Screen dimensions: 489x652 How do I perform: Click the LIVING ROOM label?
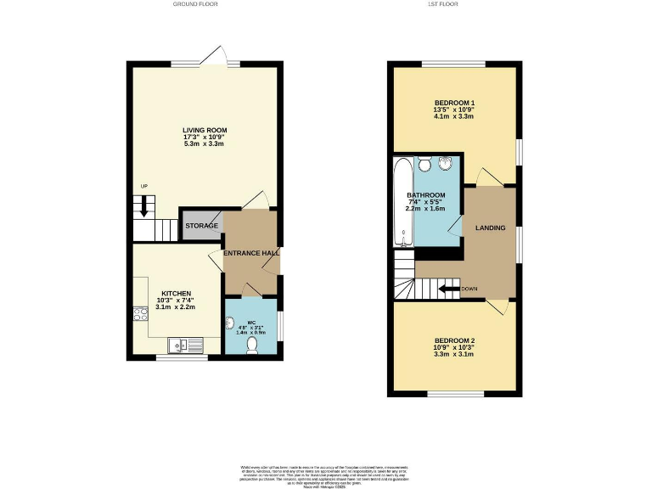[205, 130]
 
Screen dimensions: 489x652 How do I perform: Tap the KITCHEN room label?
[177, 293]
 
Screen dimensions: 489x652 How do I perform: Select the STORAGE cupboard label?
[201, 226]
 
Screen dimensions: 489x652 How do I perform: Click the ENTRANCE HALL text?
[250, 253]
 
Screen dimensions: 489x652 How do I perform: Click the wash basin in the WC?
[231, 323]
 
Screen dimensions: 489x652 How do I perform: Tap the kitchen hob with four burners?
[138, 316]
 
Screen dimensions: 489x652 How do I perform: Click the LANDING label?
[490, 228]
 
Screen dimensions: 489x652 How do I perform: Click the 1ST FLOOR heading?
[455, 4]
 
